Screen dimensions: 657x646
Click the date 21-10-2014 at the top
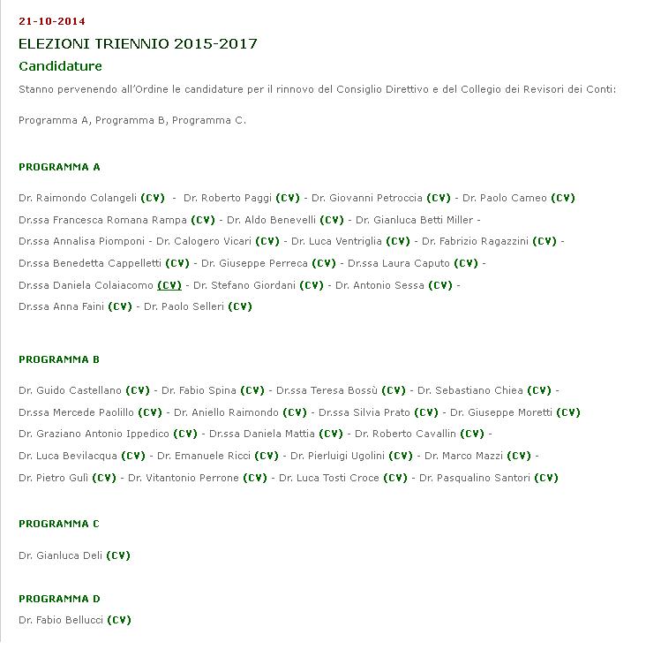[x=52, y=21]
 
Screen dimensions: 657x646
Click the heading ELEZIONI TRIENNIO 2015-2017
[x=138, y=44]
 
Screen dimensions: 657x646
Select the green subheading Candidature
[x=60, y=66]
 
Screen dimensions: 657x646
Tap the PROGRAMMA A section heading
[x=59, y=167]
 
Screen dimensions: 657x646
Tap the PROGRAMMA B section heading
[x=59, y=359]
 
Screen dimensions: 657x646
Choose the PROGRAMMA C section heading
[x=59, y=524]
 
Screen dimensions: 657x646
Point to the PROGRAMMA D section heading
[x=59, y=599]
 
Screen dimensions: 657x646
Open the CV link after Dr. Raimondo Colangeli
[x=153, y=198]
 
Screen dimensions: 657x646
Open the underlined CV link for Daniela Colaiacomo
[x=169, y=285]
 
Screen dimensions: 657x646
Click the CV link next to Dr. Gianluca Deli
[x=118, y=555]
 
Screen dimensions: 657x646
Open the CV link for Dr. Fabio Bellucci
[x=119, y=620]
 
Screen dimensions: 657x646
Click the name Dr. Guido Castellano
[x=70, y=390]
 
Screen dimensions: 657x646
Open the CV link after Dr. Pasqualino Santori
[x=546, y=478]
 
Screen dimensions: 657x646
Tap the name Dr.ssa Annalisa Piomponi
[x=81, y=241]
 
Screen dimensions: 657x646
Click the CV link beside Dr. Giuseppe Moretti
[x=568, y=412]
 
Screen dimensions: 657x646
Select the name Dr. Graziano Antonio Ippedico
[x=94, y=434]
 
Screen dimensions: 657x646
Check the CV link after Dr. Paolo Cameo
[x=563, y=198]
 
